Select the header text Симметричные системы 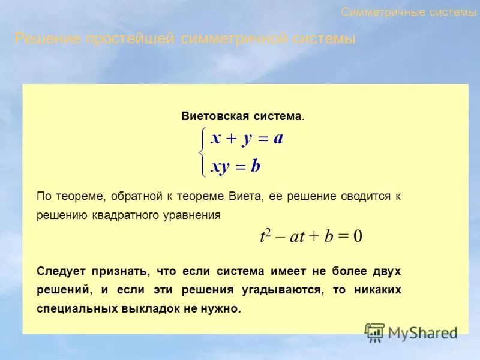pyautogui.click(x=409, y=12)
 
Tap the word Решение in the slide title pyautogui.click(x=47, y=40)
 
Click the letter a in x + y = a pyautogui.click(x=278, y=139)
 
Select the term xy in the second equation pyautogui.click(x=220, y=167)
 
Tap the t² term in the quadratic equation pyautogui.click(x=265, y=236)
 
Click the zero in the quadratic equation pyautogui.click(x=358, y=236)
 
